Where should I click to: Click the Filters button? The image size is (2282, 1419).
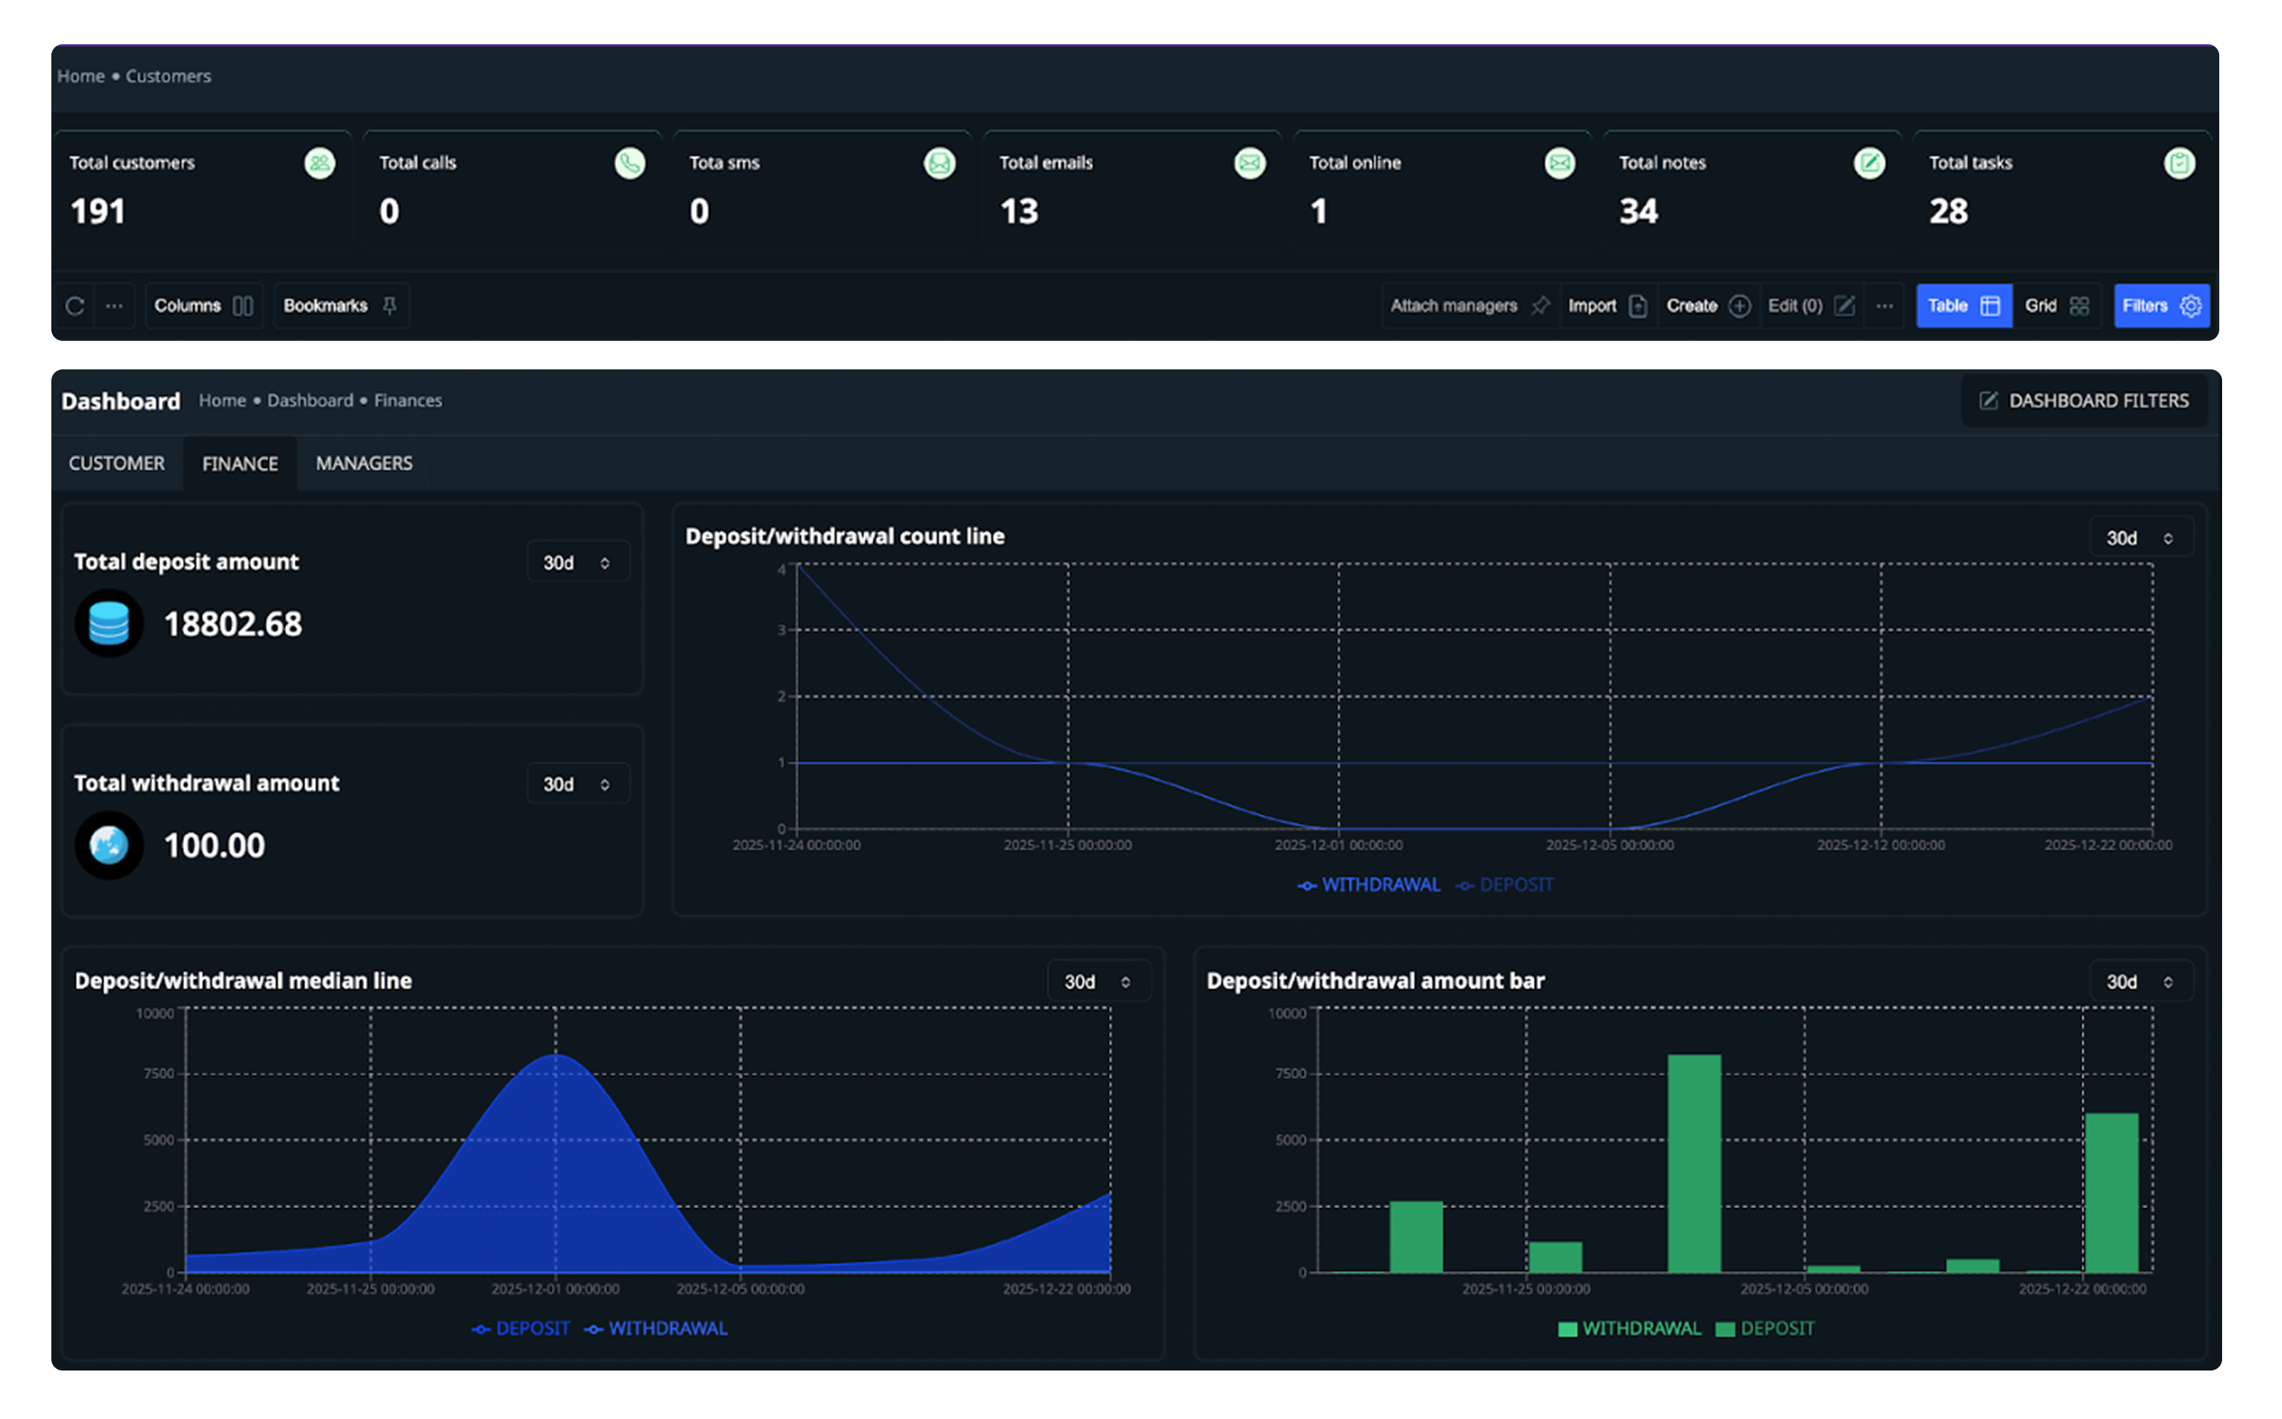pyautogui.click(x=2161, y=306)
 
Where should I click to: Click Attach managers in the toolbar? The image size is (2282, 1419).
pyautogui.click(x=1468, y=306)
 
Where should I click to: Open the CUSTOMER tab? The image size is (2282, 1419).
pyautogui.click(x=116, y=463)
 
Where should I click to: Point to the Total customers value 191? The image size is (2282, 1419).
pyautogui.click(x=98, y=211)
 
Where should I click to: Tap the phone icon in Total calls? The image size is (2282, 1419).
pyautogui.click(x=630, y=163)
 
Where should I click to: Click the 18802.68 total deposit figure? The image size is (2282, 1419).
pyautogui.click(x=232, y=624)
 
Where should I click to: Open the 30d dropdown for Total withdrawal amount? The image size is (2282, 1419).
pyautogui.click(x=577, y=784)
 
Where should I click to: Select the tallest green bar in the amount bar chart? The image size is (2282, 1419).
pyautogui.click(x=1694, y=1164)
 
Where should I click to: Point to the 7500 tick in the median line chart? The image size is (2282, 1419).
pyautogui.click(x=158, y=1074)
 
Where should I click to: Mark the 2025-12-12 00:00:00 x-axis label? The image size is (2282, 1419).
pyautogui.click(x=1881, y=846)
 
